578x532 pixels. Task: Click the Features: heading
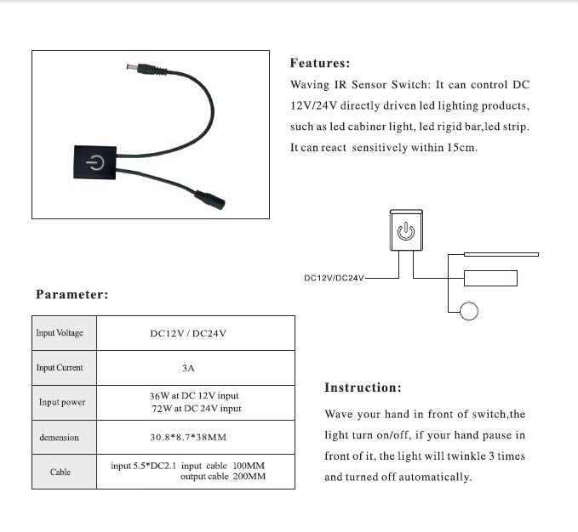[320, 63]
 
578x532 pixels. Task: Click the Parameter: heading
[72, 295]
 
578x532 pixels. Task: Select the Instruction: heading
[363, 388]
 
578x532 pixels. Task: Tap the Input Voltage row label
[60, 333]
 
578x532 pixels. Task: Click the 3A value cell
[189, 368]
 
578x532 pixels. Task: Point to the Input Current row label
[60, 368]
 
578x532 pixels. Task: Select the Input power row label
[61, 402]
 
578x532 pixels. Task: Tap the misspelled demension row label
[59, 438]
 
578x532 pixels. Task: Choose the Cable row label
[60, 472]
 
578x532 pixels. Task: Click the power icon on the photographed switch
[96, 163]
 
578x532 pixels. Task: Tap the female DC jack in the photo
[214, 202]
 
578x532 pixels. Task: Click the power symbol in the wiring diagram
[407, 229]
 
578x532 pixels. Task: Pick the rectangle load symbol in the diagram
[490, 277]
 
